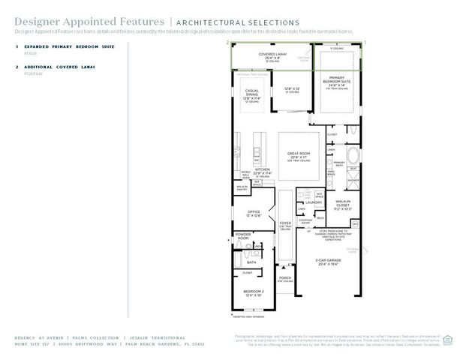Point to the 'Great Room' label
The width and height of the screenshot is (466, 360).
(299, 154)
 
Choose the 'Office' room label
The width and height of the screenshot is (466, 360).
(254, 213)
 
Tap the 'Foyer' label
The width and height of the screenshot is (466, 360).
(284, 223)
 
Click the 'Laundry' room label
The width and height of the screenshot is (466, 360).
(314, 202)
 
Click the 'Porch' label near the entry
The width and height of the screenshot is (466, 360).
(284, 279)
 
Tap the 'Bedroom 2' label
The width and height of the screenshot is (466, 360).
(253, 292)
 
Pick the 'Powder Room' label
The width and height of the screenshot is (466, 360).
(244, 235)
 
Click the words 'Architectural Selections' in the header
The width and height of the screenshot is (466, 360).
(237, 23)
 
